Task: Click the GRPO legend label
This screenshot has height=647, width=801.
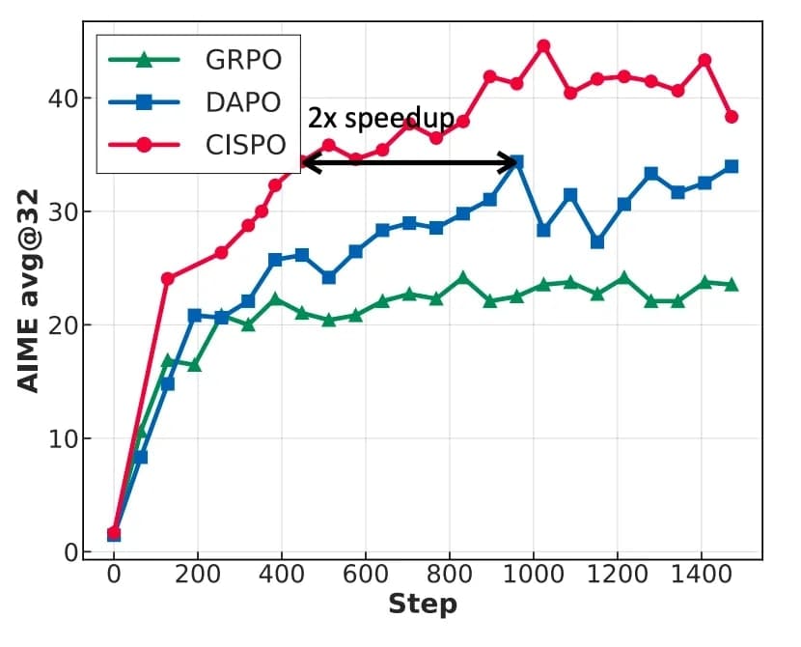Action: [243, 60]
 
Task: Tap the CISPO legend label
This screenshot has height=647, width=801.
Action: [246, 144]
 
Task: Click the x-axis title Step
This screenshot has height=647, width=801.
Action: [422, 605]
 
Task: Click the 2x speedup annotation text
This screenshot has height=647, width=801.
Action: [380, 119]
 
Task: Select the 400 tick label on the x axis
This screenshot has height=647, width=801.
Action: [282, 574]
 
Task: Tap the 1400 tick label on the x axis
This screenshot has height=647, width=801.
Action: [701, 574]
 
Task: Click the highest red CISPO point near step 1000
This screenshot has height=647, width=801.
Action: [543, 45]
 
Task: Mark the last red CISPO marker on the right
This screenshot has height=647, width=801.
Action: [732, 117]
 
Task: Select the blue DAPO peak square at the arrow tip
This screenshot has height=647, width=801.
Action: [516, 161]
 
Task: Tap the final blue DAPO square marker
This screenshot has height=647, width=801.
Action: [732, 166]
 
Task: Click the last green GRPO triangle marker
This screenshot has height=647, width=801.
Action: [732, 284]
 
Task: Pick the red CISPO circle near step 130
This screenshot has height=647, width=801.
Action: [168, 278]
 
